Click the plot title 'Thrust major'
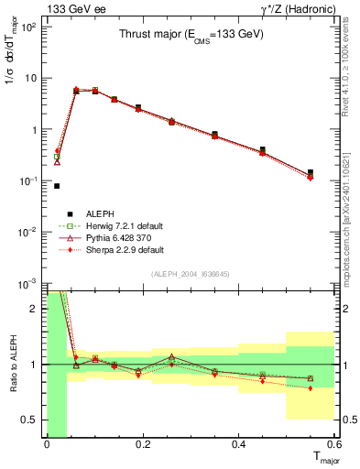tap(192, 35)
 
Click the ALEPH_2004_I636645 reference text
tap(190, 271)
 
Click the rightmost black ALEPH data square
tap(311, 172)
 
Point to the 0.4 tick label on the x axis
tap(238, 444)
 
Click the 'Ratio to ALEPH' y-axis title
tap(12, 365)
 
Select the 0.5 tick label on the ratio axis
tap(30, 420)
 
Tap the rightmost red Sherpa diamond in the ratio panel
tap(311, 388)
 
